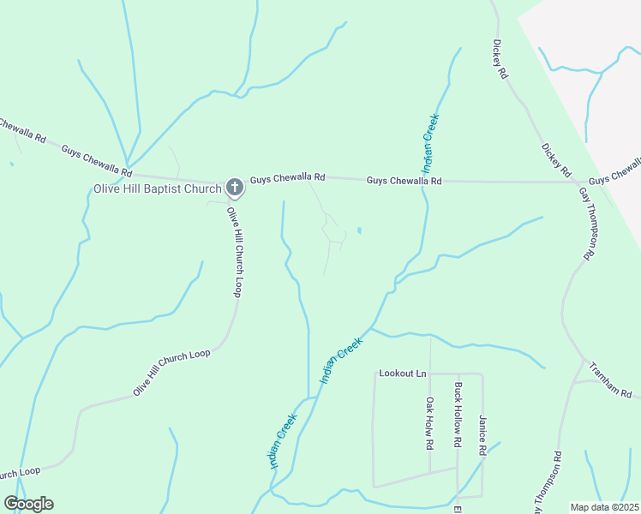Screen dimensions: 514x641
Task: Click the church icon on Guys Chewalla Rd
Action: click(x=234, y=188)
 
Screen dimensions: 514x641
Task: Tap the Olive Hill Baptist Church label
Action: click(x=157, y=188)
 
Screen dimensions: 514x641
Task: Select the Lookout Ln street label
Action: click(x=402, y=374)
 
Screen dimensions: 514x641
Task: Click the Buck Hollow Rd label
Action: click(x=458, y=416)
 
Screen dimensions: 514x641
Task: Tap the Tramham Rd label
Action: click(x=610, y=380)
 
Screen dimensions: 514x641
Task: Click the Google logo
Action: click(x=28, y=504)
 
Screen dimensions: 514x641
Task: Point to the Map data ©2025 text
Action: click(x=604, y=507)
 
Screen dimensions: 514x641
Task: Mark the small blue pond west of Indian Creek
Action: click(x=358, y=230)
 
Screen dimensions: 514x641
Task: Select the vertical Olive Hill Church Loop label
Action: click(x=234, y=252)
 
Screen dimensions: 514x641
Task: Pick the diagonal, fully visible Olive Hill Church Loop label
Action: click(x=171, y=373)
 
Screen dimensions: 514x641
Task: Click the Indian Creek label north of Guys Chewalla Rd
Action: click(x=430, y=140)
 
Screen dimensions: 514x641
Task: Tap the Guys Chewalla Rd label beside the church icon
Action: click(x=288, y=177)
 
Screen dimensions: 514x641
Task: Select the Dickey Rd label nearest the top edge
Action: click(x=501, y=60)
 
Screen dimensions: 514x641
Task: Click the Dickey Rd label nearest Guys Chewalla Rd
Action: click(x=556, y=161)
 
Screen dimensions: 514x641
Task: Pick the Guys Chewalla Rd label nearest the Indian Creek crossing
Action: click(x=404, y=181)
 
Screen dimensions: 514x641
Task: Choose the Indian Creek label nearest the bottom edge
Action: click(x=283, y=441)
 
